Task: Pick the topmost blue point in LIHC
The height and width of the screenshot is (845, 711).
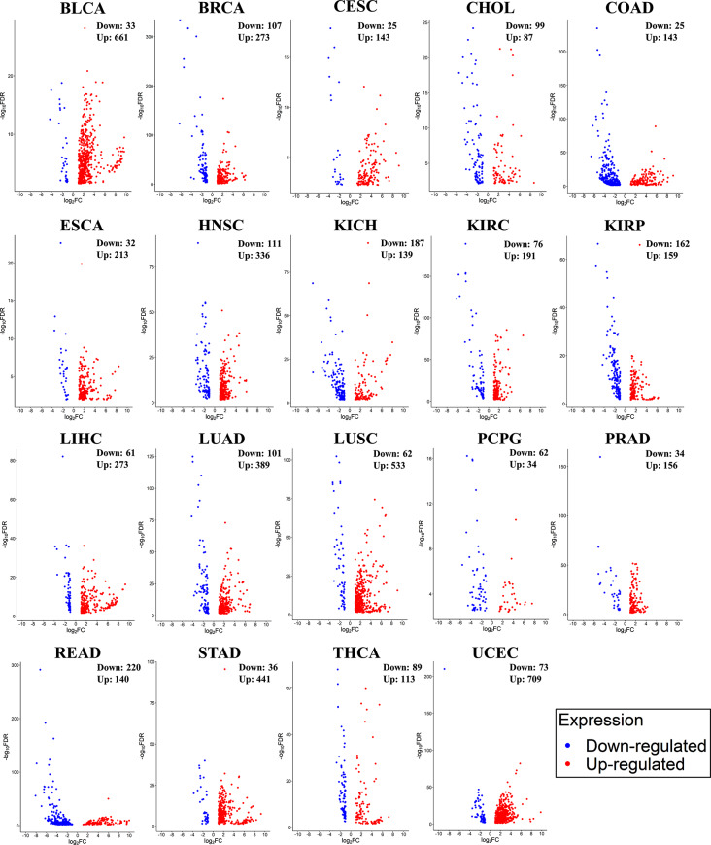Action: click(x=63, y=456)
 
